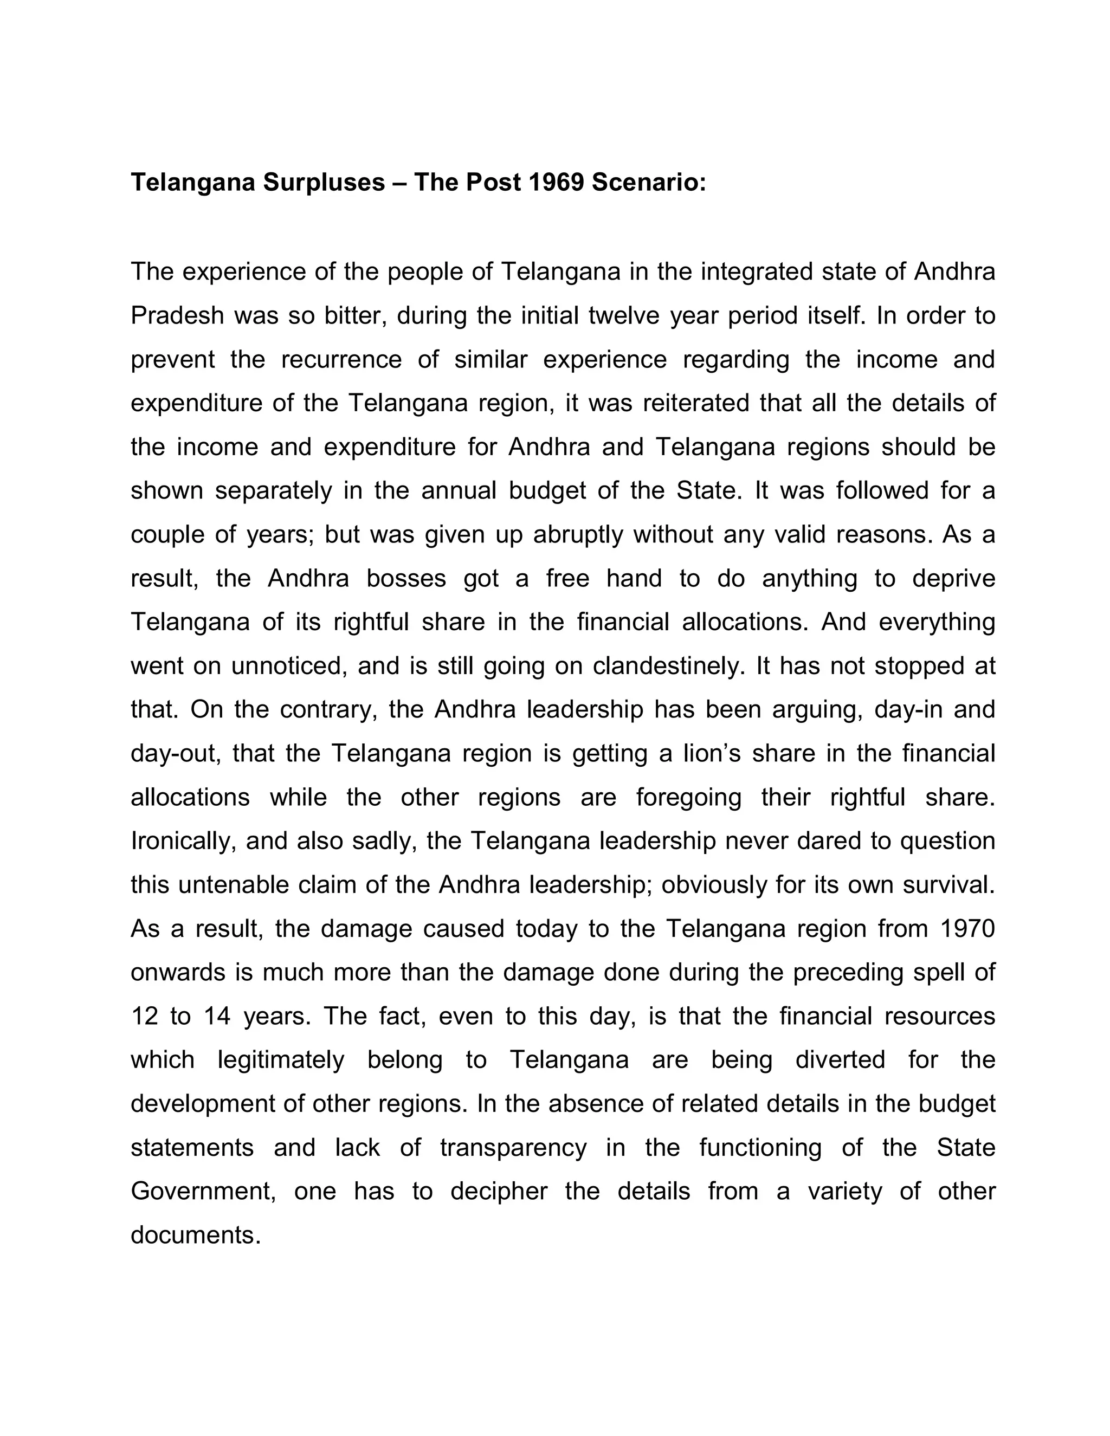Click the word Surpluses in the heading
coord(324,182)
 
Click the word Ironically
coord(184,842)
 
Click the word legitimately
coord(281,1060)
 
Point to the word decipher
coord(499,1192)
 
